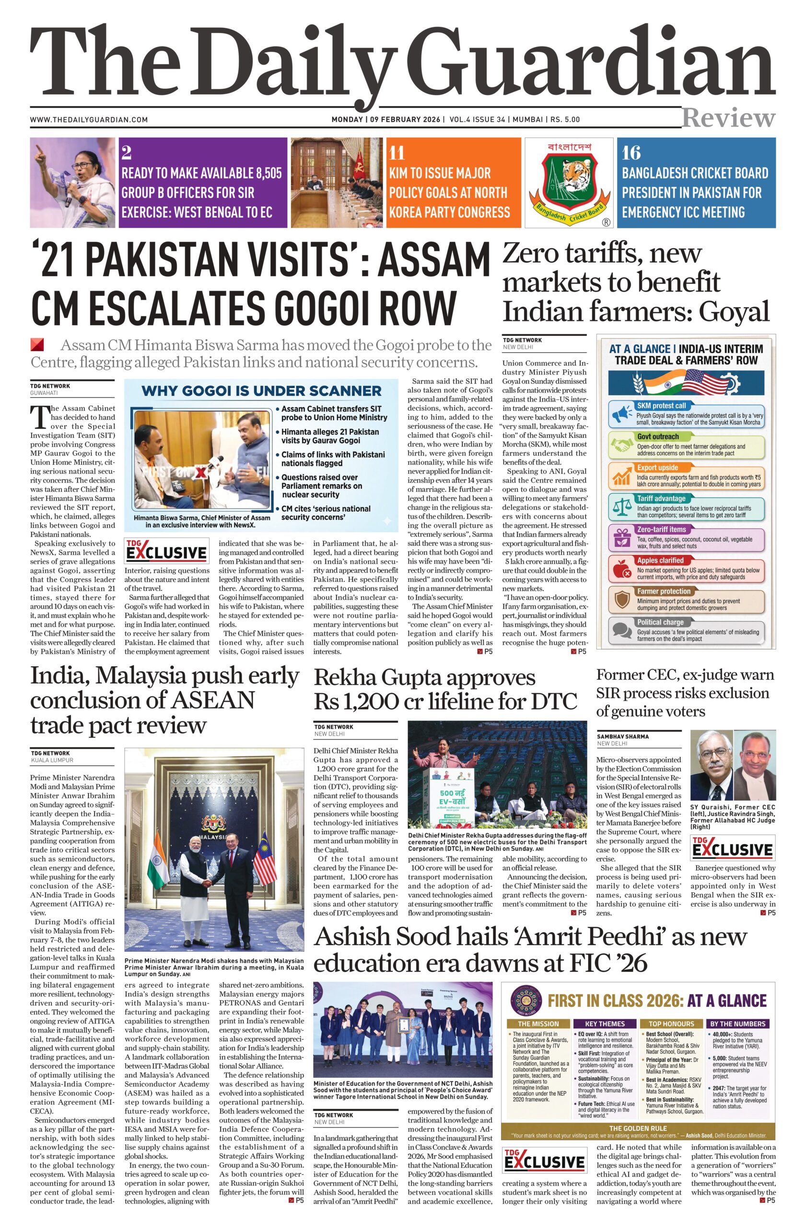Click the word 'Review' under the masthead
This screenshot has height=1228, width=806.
(x=728, y=118)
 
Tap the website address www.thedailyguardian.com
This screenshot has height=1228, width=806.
(x=89, y=120)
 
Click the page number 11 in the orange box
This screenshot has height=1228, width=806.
(x=397, y=153)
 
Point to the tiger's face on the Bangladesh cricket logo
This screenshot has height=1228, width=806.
(x=570, y=176)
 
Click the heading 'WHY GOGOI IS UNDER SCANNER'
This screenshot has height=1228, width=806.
(x=261, y=390)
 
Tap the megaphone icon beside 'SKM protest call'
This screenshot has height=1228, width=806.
(x=621, y=414)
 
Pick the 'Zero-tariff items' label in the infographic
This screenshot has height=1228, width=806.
(x=661, y=530)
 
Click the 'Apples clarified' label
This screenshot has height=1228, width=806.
(x=660, y=560)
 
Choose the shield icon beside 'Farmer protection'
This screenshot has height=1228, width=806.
(x=621, y=600)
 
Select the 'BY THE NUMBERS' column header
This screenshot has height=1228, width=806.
(x=738, y=1023)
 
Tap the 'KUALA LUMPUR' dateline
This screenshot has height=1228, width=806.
(x=52, y=760)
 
